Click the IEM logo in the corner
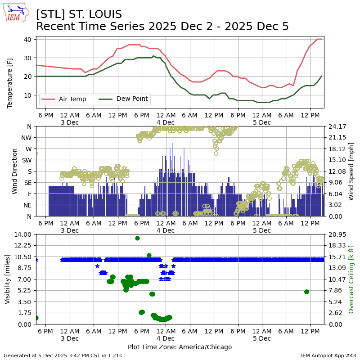(x=16, y=13)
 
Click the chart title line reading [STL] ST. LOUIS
(x=79, y=14)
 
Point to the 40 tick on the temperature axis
(x=27, y=39)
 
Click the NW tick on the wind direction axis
(x=26, y=137)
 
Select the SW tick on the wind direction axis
(x=26, y=160)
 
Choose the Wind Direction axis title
(x=15, y=171)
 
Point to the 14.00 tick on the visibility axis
(x=23, y=234)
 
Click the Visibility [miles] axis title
(x=8, y=279)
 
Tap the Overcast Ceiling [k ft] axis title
(x=351, y=279)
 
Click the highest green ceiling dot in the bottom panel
(x=137, y=238)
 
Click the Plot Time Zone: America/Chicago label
(x=180, y=347)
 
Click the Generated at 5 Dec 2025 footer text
(x=63, y=355)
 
